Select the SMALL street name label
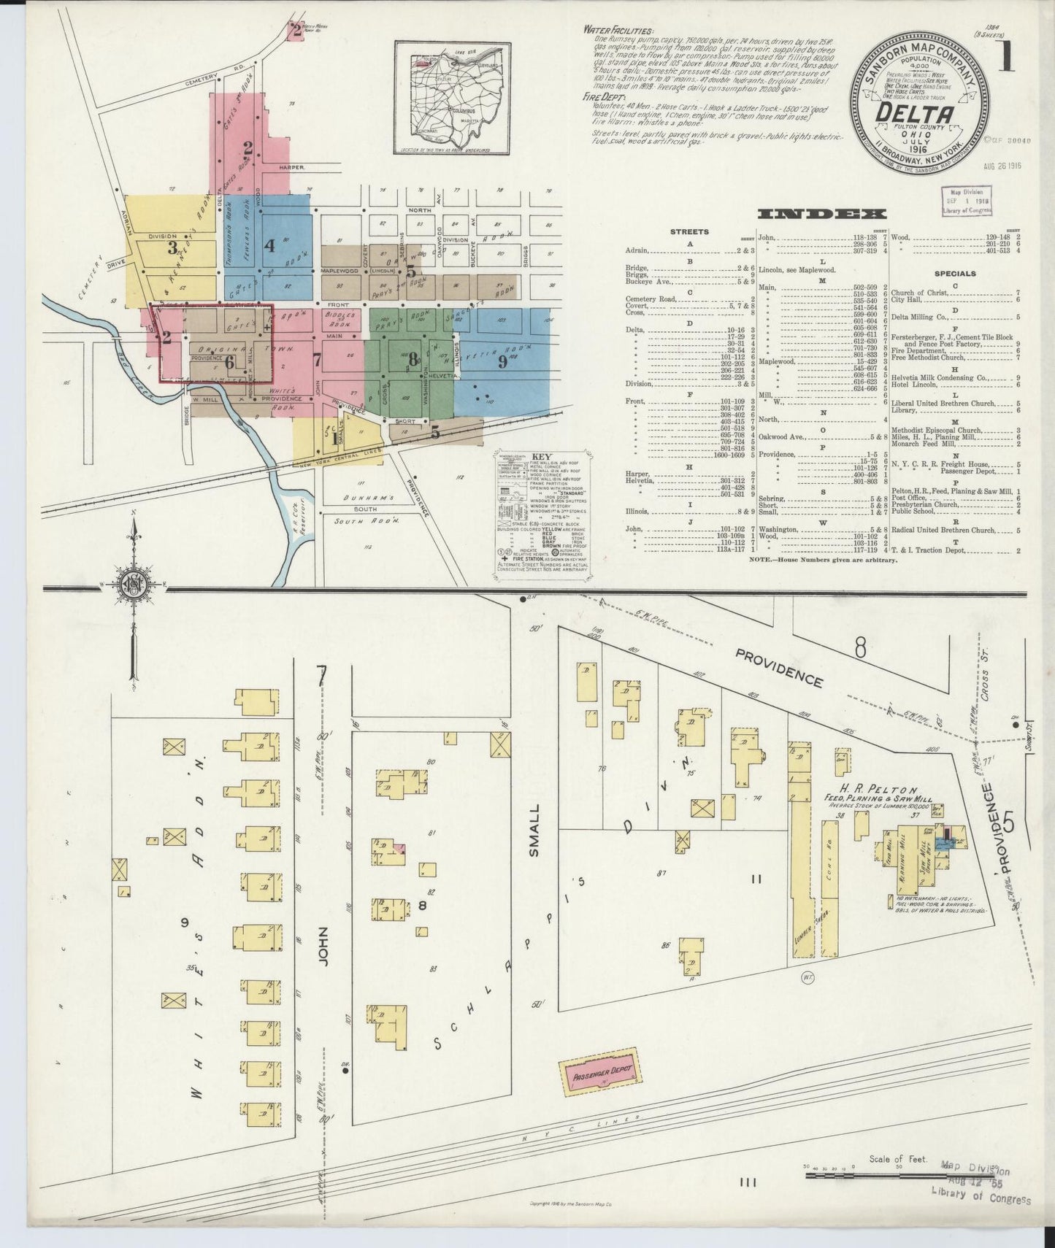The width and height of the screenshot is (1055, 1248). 534,830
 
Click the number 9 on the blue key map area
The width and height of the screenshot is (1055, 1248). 502,361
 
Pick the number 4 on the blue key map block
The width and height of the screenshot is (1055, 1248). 269,245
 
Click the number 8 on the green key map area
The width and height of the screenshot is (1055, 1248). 413,358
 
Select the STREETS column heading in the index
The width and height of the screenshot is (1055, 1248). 689,231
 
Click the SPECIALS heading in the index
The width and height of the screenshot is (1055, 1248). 954,274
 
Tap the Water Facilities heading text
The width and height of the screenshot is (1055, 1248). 619,31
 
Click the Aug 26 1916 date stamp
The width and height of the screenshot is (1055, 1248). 1002,166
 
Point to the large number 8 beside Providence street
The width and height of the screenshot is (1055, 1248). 861,647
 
